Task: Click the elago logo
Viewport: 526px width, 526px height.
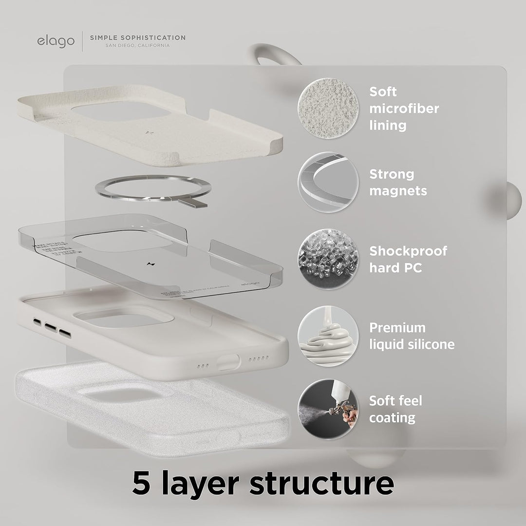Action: click(56, 41)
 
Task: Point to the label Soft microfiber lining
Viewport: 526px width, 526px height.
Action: click(404, 108)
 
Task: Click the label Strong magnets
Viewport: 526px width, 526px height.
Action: click(398, 182)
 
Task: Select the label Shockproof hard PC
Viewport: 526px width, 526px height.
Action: click(408, 259)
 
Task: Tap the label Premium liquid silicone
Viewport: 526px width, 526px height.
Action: click(412, 336)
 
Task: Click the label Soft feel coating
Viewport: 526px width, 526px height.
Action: click(395, 409)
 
